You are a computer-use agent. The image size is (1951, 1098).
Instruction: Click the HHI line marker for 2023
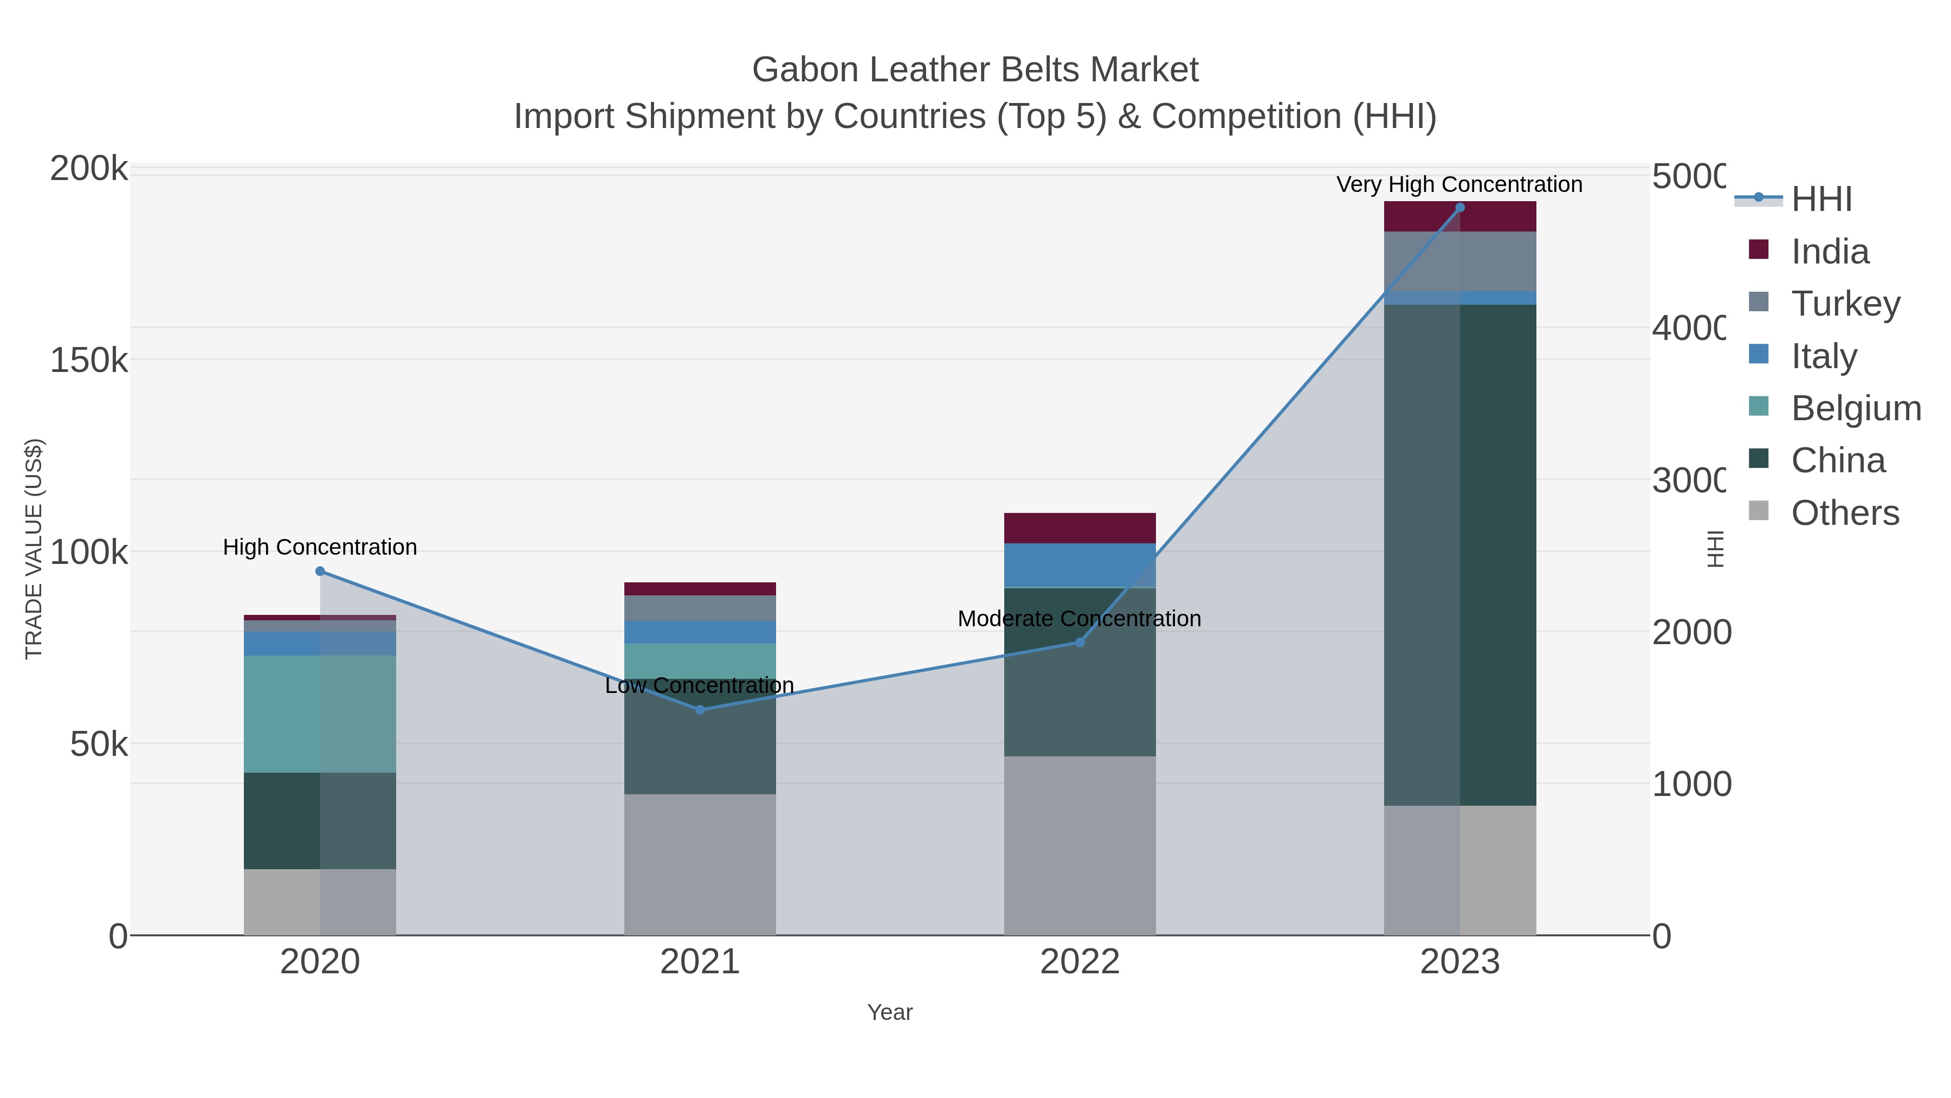coord(1459,208)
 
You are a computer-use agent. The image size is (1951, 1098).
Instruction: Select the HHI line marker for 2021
coord(700,710)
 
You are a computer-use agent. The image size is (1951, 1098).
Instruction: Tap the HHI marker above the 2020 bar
coord(320,572)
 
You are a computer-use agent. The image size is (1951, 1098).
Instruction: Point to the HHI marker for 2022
coord(1080,643)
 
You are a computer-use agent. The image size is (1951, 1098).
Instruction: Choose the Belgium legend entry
coord(1855,408)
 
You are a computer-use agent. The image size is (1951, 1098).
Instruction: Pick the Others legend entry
coord(1844,513)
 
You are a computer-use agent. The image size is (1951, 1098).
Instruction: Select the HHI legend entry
coord(1821,200)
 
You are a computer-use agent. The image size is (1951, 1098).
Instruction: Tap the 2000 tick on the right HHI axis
coord(1690,632)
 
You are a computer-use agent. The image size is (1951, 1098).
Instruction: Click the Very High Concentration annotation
coord(1459,185)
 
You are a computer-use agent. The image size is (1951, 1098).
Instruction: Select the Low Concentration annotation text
coord(699,686)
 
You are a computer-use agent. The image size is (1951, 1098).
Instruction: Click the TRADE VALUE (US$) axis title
coord(34,549)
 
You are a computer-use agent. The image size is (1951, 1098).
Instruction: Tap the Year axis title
coord(889,1012)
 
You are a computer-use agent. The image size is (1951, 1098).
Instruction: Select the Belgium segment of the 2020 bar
coord(320,714)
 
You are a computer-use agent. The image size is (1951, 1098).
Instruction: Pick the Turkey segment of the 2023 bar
coord(1459,261)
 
